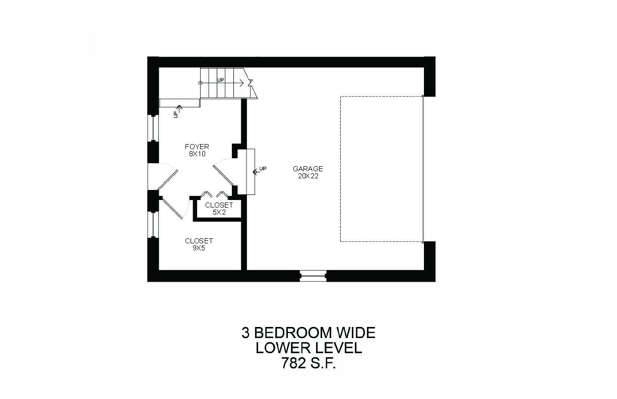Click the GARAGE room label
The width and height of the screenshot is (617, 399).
pos(307,169)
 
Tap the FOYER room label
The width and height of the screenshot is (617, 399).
pos(197,147)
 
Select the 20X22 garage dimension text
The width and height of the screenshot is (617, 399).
pos(308,176)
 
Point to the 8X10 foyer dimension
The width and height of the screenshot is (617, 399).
pos(197,154)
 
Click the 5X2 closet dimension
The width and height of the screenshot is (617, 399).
pos(219,212)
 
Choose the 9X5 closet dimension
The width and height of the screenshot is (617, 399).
pos(199,248)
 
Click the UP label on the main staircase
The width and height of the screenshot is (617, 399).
pos(221,80)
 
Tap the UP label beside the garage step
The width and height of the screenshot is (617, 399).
pos(263,169)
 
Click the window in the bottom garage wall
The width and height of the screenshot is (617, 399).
pos(313,276)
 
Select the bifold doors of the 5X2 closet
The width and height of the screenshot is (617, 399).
pos(214,194)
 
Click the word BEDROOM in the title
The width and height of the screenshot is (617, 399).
pos(293,332)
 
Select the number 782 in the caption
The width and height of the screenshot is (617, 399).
pos(293,363)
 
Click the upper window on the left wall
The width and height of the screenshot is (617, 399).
pos(153,128)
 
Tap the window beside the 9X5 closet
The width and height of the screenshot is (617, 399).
pos(153,224)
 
